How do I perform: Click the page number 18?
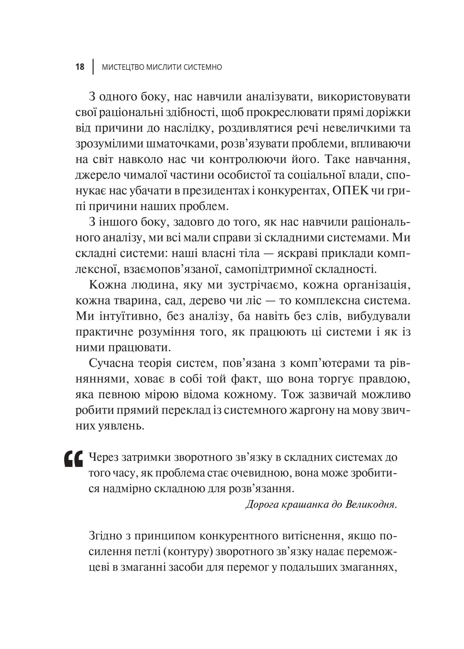(80, 67)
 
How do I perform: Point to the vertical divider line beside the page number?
(93, 67)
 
